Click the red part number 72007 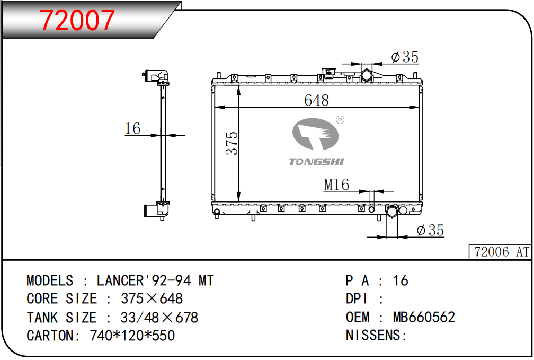(x=77, y=21)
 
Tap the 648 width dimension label (x=316, y=100)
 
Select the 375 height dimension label (x=232, y=143)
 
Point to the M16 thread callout (x=336, y=185)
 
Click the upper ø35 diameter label (x=405, y=57)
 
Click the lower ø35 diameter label (x=431, y=231)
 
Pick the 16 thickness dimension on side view (x=132, y=128)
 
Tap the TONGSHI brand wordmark (x=316, y=162)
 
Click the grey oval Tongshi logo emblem (x=315, y=134)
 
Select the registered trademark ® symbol (x=340, y=120)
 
